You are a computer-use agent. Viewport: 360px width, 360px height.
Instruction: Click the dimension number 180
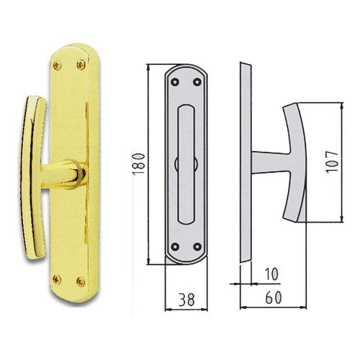click(139, 163)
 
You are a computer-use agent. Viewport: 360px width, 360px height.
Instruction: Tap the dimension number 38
click(186, 300)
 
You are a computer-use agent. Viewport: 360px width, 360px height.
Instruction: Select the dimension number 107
click(332, 161)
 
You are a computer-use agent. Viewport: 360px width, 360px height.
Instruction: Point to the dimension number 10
click(271, 274)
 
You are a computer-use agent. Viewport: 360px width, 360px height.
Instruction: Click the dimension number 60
click(274, 297)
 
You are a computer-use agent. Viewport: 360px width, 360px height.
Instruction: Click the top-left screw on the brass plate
click(58, 66)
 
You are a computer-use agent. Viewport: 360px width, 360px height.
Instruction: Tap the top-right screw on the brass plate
click(81, 64)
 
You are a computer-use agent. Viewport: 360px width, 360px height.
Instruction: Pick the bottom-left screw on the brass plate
click(57, 279)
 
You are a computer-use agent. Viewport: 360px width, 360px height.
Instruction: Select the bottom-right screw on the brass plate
click(81, 282)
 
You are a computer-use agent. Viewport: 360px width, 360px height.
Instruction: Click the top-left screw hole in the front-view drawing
click(175, 82)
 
